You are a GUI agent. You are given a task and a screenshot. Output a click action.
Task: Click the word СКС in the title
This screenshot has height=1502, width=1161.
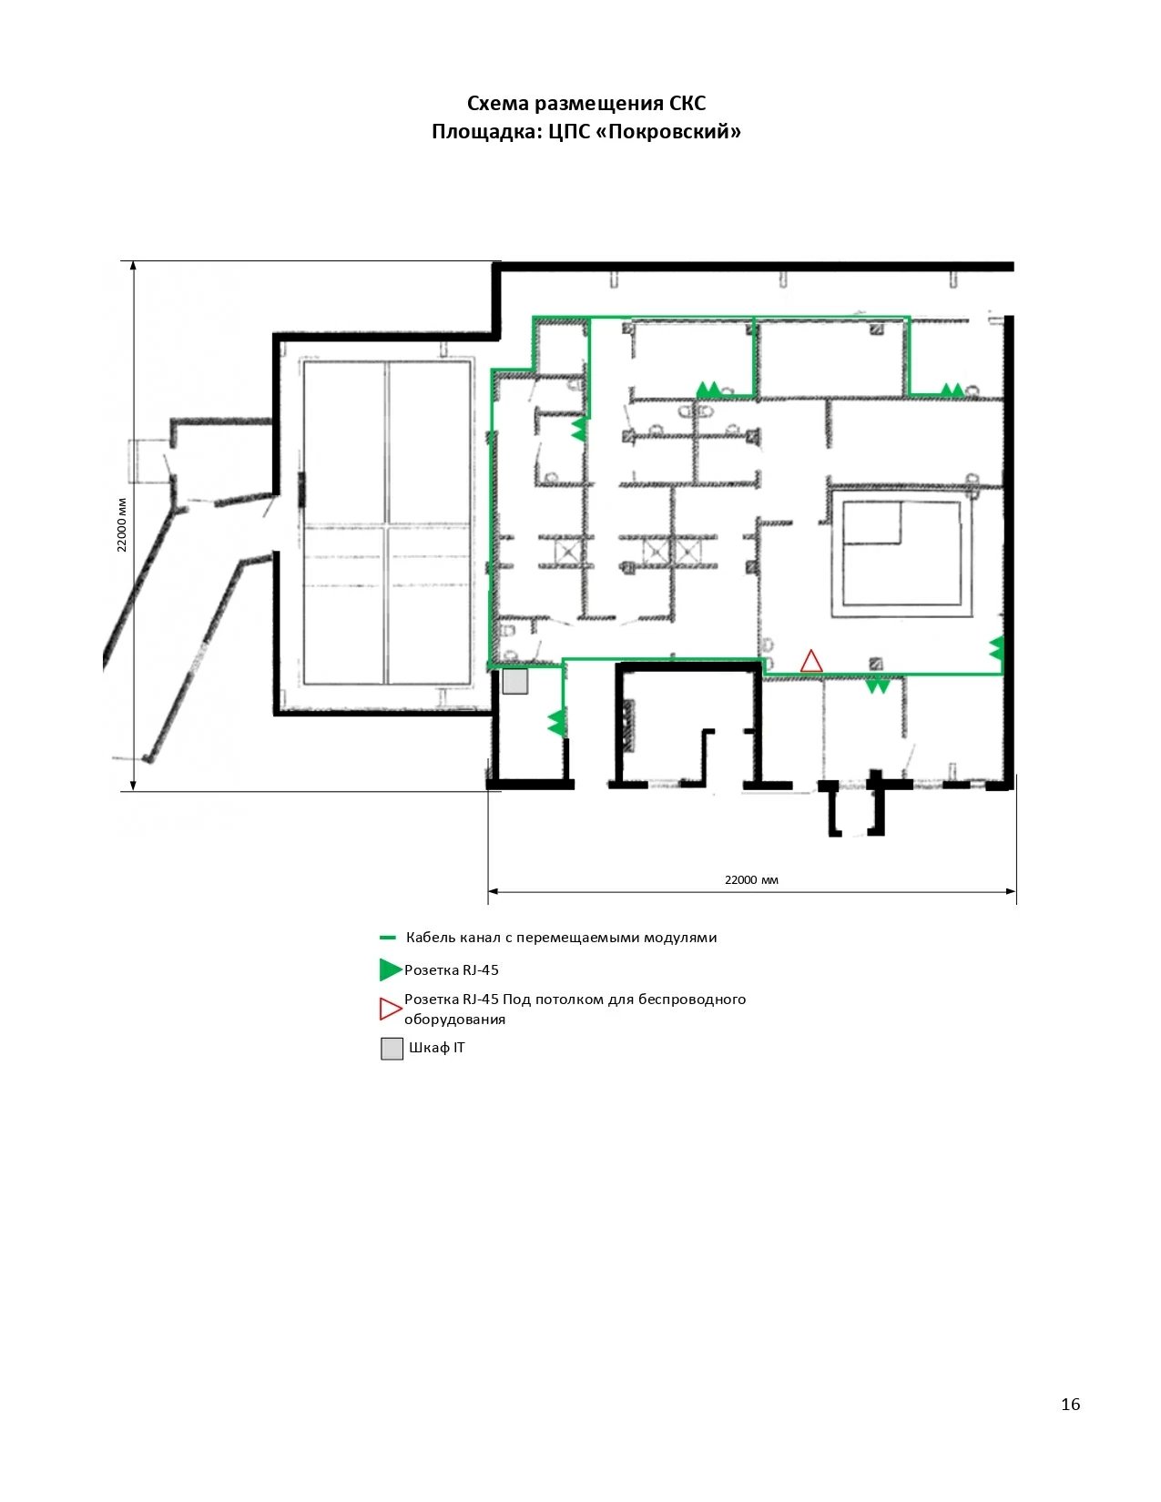pyautogui.click(x=687, y=103)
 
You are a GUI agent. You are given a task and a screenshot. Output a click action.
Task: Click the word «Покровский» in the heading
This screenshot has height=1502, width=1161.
pyautogui.click(x=668, y=131)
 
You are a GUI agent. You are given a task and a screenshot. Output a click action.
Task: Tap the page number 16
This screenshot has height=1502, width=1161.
pyautogui.click(x=1071, y=1404)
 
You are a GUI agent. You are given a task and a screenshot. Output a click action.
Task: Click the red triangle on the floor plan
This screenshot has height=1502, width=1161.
pyautogui.click(x=811, y=661)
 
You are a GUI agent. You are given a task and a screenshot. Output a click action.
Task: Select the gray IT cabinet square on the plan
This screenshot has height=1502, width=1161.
pyautogui.click(x=515, y=681)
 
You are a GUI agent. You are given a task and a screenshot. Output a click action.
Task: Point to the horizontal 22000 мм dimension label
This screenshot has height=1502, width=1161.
pyautogui.click(x=751, y=880)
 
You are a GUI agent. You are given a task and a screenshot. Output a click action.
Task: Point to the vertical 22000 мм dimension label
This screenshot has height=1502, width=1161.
pyautogui.click(x=122, y=524)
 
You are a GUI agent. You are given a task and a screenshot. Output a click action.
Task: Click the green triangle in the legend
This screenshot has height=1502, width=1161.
pyautogui.click(x=391, y=969)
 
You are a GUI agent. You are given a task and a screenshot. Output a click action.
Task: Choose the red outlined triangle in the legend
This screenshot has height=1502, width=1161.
pyautogui.click(x=391, y=1010)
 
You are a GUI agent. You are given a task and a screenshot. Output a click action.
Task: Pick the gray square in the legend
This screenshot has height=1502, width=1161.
pyautogui.click(x=392, y=1049)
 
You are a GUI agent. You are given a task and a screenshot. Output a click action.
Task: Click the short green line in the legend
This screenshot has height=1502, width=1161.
pyautogui.click(x=388, y=938)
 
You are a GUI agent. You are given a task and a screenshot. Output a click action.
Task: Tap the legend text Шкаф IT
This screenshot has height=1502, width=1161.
pyautogui.click(x=436, y=1047)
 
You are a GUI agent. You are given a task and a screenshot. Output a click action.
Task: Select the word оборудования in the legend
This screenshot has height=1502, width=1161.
pyautogui.click(x=455, y=1019)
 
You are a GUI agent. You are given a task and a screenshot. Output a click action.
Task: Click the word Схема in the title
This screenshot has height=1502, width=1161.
pyautogui.click(x=498, y=103)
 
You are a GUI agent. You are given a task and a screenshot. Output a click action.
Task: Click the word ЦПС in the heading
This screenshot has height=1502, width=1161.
pyautogui.click(x=568, y=131)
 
